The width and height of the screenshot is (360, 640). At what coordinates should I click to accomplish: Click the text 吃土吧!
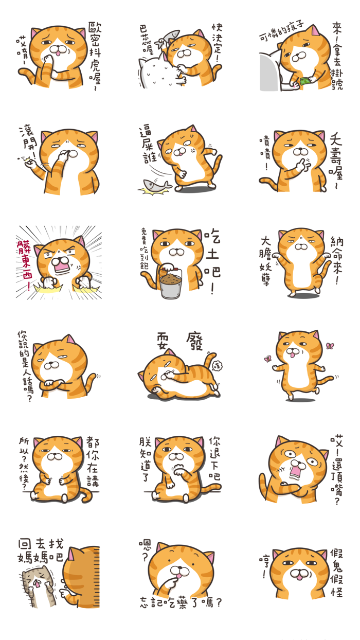212,262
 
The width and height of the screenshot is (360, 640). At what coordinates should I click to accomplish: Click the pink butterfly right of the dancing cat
330,346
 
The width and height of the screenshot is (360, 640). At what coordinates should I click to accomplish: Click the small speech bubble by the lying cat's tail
215,365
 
